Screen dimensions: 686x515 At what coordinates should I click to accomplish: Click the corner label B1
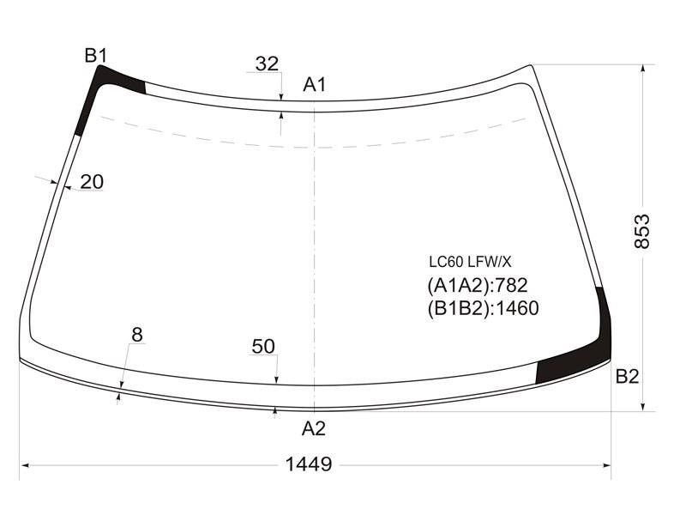tap(96, 56)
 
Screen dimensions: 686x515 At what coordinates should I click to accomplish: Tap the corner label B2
tap(627, 376)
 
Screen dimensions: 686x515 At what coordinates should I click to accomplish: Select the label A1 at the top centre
tap(314, 84)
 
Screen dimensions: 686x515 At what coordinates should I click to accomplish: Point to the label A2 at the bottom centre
tap(314, 428)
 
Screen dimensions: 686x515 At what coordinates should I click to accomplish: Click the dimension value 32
tap(267, 64)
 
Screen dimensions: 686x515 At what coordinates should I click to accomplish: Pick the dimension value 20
tap(92, 182)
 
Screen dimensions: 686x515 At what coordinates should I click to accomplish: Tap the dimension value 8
tap(137, 335)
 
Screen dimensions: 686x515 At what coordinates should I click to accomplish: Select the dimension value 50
tap(263, 347)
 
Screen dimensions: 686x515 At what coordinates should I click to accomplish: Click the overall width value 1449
tap(309, 464)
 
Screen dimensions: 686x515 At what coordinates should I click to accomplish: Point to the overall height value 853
tap(641, 232)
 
